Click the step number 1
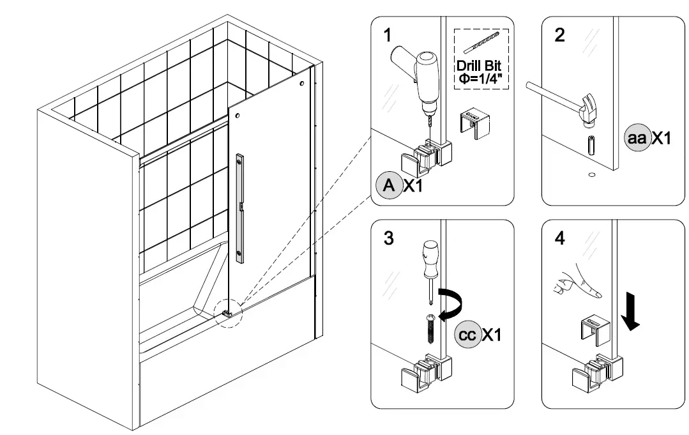(x=388, y=35)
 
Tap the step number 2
(x=560, y=35)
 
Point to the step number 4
(x=560, y=239)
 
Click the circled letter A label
(x=388, y=187)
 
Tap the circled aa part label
(x=636, y=138)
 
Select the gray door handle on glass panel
(x=239, y=208)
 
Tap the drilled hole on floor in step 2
(x=591, y=172)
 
